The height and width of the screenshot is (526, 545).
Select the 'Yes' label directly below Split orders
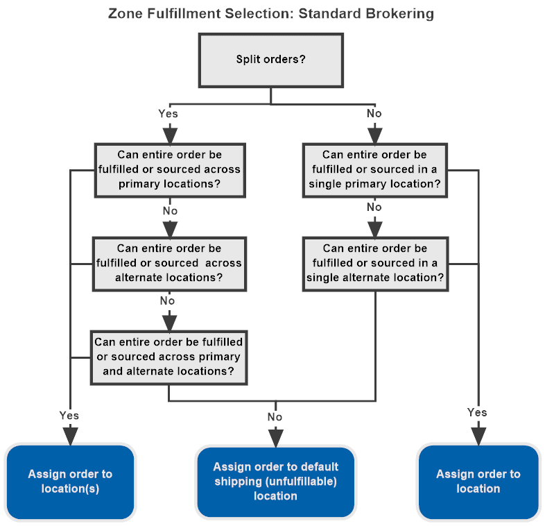(x=168, y=113)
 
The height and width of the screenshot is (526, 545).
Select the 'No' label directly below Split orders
(x=374, y=113)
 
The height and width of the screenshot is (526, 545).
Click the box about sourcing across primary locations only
(x=169, y=170)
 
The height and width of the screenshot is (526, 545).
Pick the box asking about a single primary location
(x=374, y=170)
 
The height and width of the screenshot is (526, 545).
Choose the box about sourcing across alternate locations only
(x=169, y=264)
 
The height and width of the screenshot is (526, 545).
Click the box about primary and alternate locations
(x=168, y=357)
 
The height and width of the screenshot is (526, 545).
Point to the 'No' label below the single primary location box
(x=374, y=207)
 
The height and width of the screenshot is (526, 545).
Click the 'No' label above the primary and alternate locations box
(x=167, y=300)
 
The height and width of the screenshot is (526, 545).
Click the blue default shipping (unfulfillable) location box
(x=275, y=482)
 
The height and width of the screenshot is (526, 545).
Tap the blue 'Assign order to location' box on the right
(x=478, y=482)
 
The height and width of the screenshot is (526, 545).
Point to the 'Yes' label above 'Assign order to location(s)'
(x=69, y=415)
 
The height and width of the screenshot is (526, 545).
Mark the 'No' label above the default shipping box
(x=275, y=416)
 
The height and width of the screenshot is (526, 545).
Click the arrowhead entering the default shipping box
(x=275, y=437)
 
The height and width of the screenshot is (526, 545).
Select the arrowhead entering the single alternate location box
(x=374, y=228)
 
